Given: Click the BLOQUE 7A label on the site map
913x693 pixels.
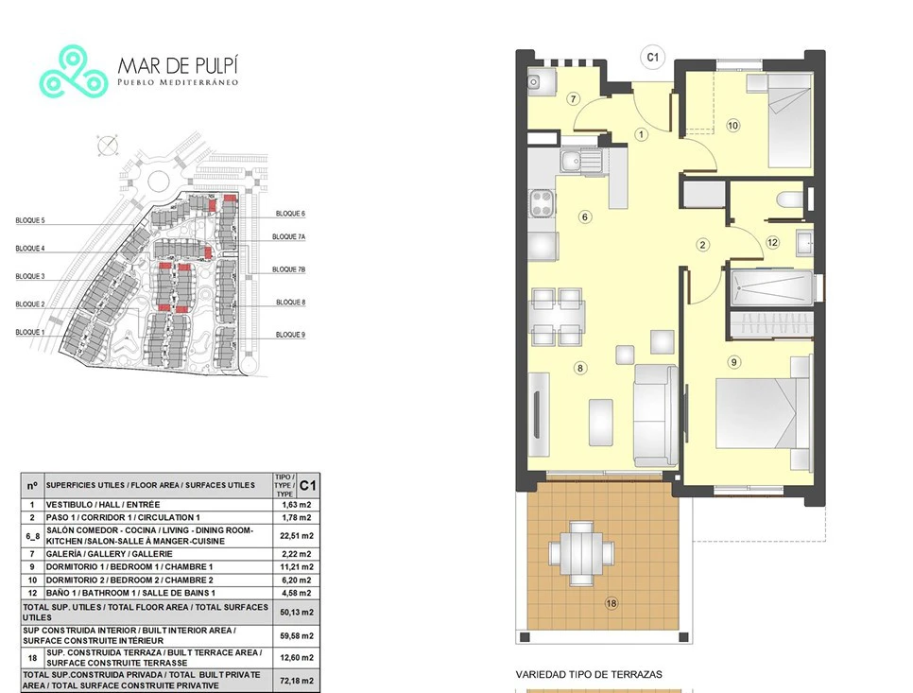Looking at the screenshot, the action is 289,237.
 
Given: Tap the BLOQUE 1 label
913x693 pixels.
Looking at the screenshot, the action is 29,333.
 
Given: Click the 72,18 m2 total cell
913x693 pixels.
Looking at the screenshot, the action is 297,680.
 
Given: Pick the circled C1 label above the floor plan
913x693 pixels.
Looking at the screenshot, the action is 652,57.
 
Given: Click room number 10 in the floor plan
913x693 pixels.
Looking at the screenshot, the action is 733,125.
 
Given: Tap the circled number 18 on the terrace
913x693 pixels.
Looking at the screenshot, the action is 612,603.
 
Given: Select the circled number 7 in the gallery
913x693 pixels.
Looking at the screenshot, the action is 574,99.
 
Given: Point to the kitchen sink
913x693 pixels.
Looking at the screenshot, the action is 580,160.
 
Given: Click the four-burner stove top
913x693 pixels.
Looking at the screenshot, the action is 542,204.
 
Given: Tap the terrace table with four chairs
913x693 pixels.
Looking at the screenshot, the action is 581,553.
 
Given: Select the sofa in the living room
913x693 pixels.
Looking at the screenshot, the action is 656,415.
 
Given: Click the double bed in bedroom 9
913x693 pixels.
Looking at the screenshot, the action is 763,413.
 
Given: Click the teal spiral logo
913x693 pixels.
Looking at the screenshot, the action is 74,71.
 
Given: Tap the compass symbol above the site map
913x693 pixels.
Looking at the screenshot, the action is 107,145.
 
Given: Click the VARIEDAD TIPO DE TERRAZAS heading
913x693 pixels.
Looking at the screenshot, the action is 589,674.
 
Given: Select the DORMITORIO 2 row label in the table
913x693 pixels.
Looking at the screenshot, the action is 129,580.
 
